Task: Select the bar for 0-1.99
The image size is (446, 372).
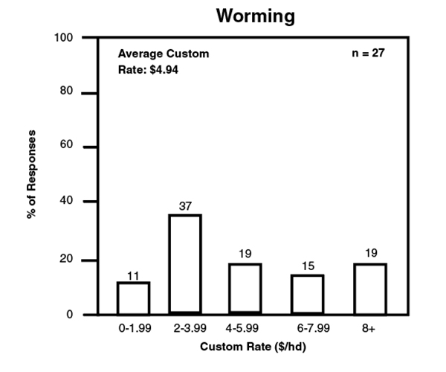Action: coord(134,298)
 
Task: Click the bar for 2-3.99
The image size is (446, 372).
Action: coord(185,264)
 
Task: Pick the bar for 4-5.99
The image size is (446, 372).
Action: coord(245,289)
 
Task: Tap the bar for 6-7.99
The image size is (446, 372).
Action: coord(308,294)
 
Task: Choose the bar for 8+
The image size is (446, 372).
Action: coord(370,289)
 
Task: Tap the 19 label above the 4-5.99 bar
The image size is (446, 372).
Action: coord(245,254)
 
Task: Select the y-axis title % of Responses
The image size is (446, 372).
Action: coord(33,182)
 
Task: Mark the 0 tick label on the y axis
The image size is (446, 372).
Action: coord(71,315)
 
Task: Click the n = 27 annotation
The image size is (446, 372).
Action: coord(368,54)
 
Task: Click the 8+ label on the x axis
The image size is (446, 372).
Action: coord(370,328)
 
